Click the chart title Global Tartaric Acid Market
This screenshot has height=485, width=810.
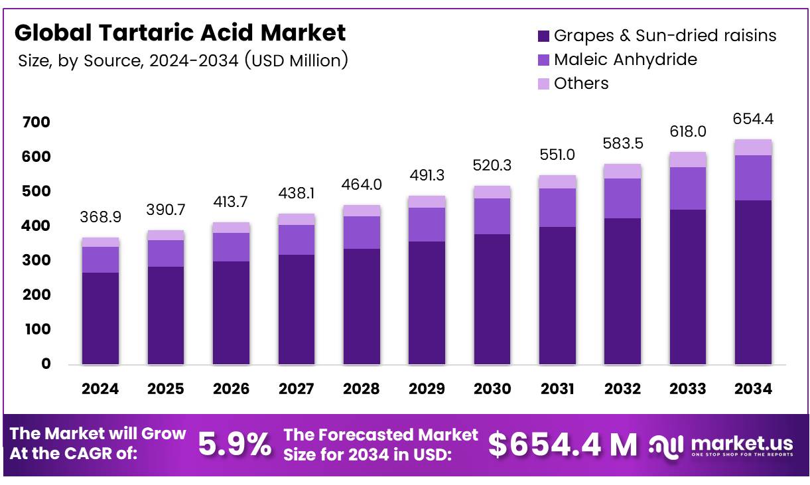click(x=180, y=32)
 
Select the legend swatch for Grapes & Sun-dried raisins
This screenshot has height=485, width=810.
click(x=543, y=36)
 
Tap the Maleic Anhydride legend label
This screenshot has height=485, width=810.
click(x=625, y=60)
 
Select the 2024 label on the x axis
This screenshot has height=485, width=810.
click(x=100, y=389)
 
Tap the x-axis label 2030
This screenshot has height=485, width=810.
click(x=492, y=389)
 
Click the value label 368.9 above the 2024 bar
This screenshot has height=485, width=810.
click(x=100, y=217)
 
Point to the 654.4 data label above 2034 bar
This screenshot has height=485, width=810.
click(x=753, y=119)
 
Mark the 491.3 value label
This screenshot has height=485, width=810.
click(x=427, y=176)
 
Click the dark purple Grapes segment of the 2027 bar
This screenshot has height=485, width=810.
click(x=296, y=309)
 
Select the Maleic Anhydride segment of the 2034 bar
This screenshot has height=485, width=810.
click(x=753, y=178)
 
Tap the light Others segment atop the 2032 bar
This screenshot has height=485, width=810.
click(x=622, y=171)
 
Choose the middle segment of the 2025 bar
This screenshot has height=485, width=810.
click(x=165, y=253)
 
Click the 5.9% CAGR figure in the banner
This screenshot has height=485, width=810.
click(x=235, y=445)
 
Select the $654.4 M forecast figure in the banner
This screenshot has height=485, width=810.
click(x=563, y=445)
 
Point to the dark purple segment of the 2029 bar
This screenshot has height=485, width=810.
click(x=427, y=303)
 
